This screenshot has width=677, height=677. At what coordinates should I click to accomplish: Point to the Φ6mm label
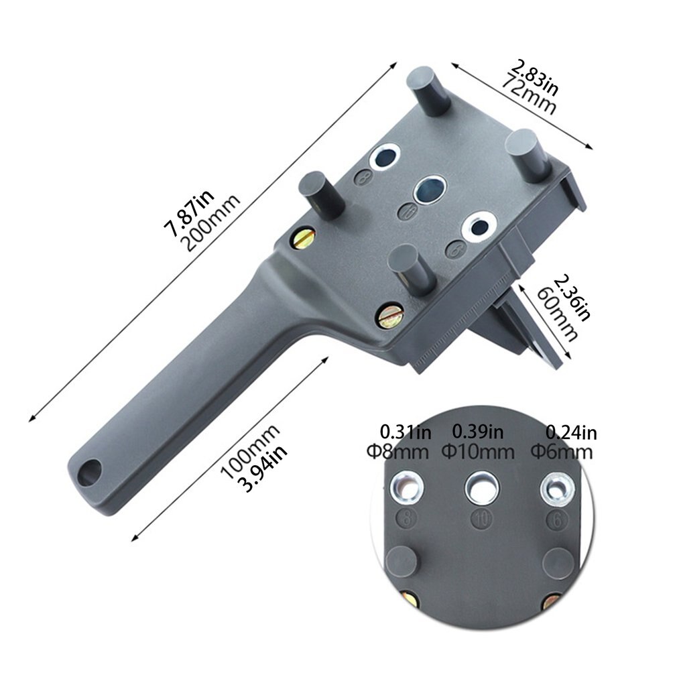(561, 451)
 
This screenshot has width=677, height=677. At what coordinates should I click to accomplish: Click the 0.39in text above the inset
(479, 432)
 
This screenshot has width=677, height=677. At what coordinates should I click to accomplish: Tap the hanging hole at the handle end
(88, 473)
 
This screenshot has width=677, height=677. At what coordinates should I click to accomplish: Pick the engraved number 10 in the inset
(479, 517)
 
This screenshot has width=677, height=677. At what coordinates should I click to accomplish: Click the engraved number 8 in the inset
(405, 517)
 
